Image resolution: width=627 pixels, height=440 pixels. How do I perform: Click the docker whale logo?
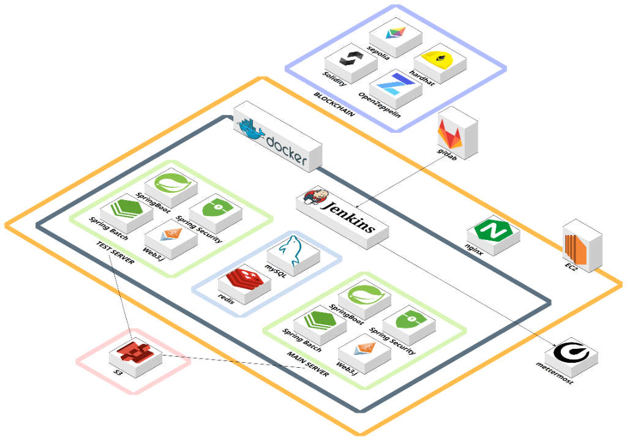point(253,127)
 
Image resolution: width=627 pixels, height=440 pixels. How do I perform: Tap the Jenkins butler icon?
point(313,198)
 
